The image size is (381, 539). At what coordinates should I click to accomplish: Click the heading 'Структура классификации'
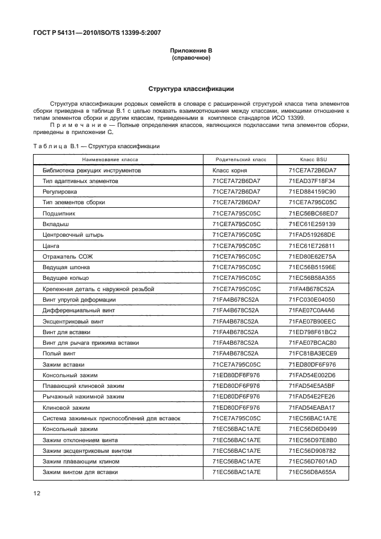(x=190, y=89)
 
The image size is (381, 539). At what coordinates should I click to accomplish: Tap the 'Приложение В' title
(x=190, y=51)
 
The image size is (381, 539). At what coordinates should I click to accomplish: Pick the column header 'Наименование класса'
(x=110, y=159)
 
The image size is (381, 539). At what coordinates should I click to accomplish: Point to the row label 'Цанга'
(x=51, y=246)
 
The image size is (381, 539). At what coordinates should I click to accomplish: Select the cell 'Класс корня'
(x=229, y=170)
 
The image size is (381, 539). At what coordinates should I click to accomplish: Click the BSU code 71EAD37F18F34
(x=312, y=181)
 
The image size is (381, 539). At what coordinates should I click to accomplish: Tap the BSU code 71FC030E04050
(x=312, y=299)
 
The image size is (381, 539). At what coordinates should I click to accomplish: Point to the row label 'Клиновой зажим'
(x=65, y=407)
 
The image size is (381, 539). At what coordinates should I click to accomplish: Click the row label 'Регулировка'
(x=61, y=192)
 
